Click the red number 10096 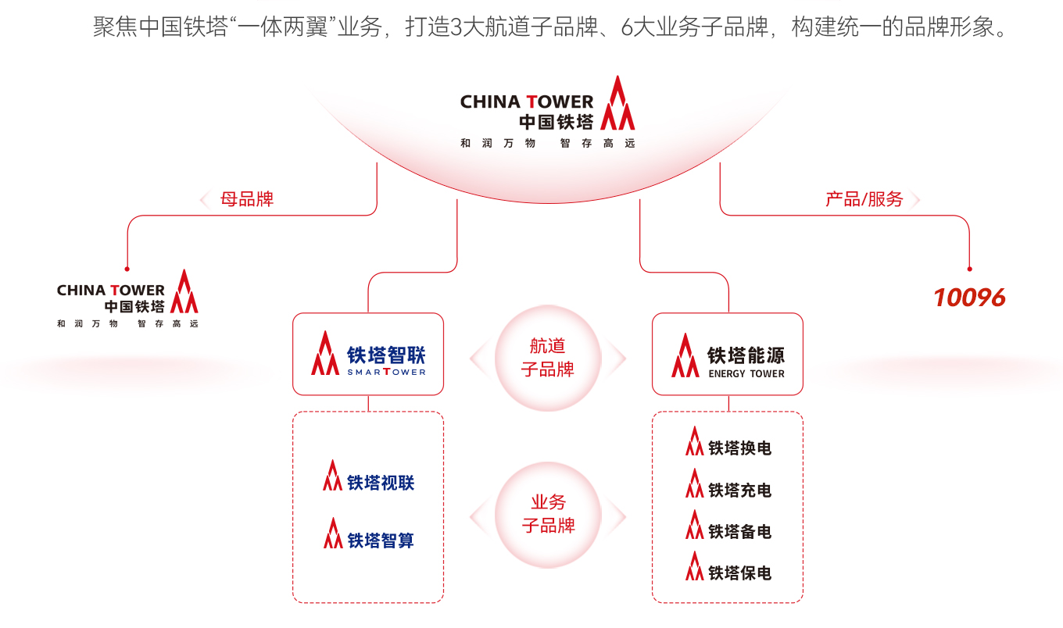click(x=969, y=298)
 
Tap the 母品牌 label click(x=247, y=199)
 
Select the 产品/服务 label click(x=864, y=199)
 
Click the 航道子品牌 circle click(x=548, y=358)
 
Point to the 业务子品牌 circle click(x=548, y=515)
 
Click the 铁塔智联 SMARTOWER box click(x=368, y=354)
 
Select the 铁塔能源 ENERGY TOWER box click(x=728, y=354)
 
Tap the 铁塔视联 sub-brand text click(x=381, y=483)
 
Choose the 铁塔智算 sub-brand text click(x=381, y=541)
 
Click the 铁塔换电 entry click(x=740, y=448)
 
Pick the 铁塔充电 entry click(x=740, y=491)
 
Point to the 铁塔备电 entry click(x=740, y=532)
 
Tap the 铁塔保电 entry click(x=740, y=573)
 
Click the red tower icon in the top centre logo click(x=617, y=103)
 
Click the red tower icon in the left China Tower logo click(x=184, y=291)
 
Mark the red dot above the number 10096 click(x=969, y=269)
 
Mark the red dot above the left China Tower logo click(x=127, y=269)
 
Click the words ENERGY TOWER click(x=746, y=374)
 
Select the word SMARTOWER click(x=386, y=373)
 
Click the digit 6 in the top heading click(x=626, y=27)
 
